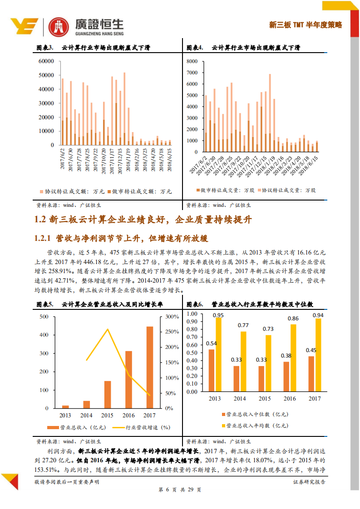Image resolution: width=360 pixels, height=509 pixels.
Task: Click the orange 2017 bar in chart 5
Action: (149, 367)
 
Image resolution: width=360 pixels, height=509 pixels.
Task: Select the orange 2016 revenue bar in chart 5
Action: (128, 379)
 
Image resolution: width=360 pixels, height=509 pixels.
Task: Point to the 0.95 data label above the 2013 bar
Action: (218, 315)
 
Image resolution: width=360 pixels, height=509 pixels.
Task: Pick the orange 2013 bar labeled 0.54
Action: (212, 370)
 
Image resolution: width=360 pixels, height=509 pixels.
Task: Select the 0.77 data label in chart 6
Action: (243, 325)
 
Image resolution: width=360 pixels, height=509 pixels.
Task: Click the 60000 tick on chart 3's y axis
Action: (46, 61)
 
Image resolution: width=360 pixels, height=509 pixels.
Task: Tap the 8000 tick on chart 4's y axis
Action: (192, 61)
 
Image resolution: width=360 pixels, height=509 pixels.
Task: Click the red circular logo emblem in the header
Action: (57, 26)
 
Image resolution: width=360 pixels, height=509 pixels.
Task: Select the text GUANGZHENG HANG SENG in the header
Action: (95, 33)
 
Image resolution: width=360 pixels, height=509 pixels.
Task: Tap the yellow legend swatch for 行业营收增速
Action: (117, 427)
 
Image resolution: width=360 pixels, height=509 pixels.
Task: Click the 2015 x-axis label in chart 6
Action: (265, 398)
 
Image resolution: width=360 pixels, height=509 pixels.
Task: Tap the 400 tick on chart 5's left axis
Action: (44, 335)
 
